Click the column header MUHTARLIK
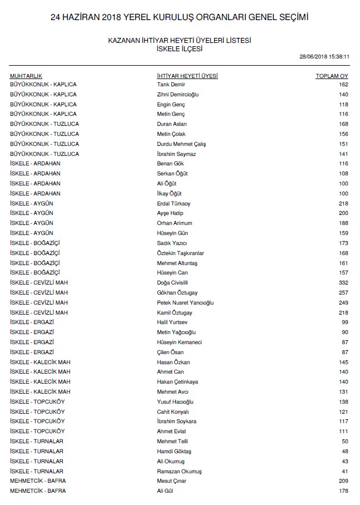coord(26,75)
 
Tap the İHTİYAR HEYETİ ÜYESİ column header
coord(188,75)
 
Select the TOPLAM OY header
coord(332,75)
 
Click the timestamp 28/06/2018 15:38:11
coord(324,57)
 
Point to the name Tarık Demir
coord(171,85)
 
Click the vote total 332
coord(343,283)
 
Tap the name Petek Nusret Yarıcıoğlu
coord(185,303)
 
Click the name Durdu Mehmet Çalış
coord(181,144)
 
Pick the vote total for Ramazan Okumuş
coord(344,472)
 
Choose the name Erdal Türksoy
coord(174,204)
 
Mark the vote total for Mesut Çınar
coord(343,481)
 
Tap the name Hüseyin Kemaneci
coord(179,342)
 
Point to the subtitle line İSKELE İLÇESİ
coord(180,48)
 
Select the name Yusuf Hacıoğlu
coord(175,402)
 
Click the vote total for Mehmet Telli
coord(344,442)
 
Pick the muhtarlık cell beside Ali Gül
coord(37,491)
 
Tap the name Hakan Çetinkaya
coord(177,382)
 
